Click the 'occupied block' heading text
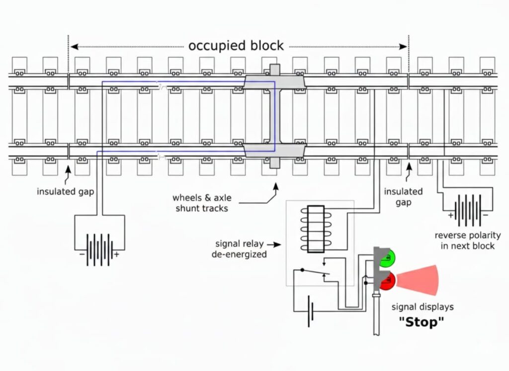click(236, 46)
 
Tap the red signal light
click(387, 281)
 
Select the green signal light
click(387, 258)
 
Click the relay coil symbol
click(316, 229)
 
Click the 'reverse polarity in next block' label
click(468, 240)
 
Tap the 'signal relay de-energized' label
click(241, 249)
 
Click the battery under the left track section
click(99, 246)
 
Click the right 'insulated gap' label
click(404, 197)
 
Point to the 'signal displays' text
click(423, 306)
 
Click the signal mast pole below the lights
click(377, 318)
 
